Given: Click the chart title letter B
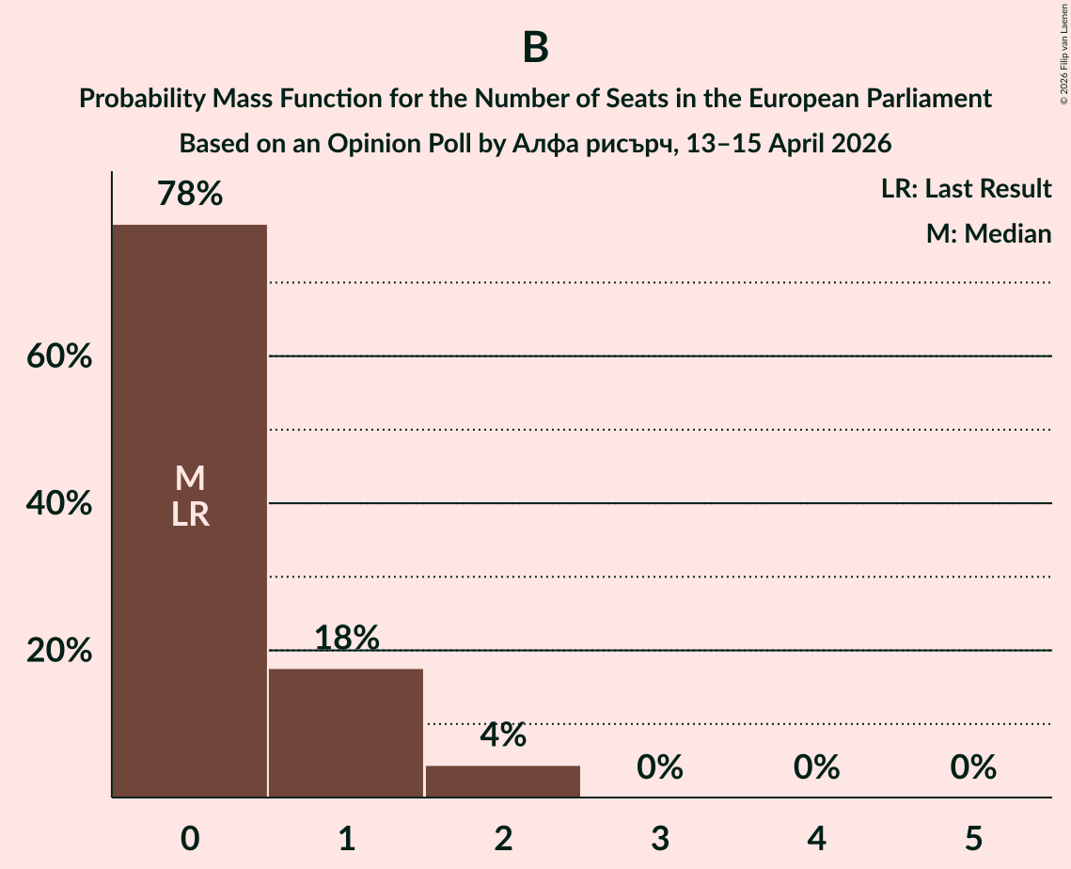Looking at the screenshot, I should coord(535,47).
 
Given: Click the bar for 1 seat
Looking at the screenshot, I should coord(346,733).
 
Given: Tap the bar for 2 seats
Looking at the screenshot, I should coord(503,781).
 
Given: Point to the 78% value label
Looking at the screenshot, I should coord(190,195).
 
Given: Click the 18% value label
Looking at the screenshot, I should coord(346,639).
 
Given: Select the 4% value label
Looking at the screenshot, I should coord(503,735).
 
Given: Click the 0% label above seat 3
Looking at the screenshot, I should coord(659,767).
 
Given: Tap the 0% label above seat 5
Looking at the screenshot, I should coord(972,767).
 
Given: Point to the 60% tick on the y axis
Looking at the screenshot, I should coord(59,357).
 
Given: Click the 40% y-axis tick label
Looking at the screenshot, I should coord(59,504).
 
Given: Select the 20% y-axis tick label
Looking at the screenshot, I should coord(59,651).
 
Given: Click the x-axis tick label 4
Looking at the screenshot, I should coord(816,838).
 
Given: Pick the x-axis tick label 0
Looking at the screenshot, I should coord(190,838).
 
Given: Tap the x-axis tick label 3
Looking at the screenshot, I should coord(659,838).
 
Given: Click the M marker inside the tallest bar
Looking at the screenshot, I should coord(190,479).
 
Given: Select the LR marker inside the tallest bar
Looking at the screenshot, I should coord(190,514).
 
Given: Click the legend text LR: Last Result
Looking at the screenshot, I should coord(966,189).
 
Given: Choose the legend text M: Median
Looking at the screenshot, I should coord(988,233).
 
